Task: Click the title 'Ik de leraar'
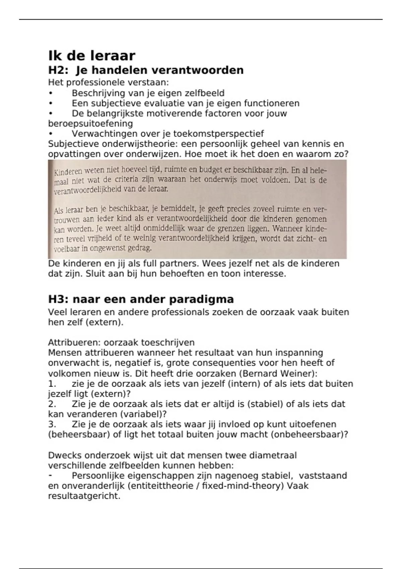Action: click(92, 55)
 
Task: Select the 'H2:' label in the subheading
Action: click(58, 70)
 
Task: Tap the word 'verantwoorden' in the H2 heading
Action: click(197, 70)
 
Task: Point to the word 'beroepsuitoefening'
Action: click(90, 124)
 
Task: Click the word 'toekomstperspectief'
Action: click(218, 134)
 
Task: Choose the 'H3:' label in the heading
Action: click(58, 299)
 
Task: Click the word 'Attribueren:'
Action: click(74, 343)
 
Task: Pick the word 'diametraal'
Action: click(268, 456)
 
